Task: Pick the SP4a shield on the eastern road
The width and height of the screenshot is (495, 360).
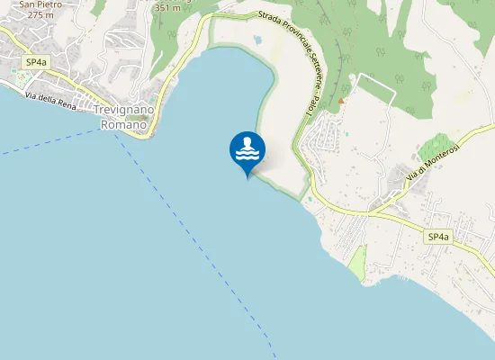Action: click(437, 236)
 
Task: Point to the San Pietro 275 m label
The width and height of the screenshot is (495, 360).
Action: click(34, 10)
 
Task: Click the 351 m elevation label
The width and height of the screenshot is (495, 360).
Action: click(169, 7)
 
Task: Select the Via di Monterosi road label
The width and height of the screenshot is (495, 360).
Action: click(433, 161)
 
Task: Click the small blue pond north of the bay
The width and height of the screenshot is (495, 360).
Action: click(258, 40)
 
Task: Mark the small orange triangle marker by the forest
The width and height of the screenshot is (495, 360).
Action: click(341, 100)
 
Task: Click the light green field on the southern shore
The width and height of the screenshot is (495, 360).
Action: click(357, 262)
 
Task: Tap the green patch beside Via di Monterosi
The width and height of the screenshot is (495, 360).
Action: click(437, 144)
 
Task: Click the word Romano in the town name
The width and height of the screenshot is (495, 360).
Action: click(122, 124)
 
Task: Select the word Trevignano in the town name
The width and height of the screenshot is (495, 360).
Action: click(124, 111)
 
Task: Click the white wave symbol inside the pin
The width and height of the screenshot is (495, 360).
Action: click(247, 154)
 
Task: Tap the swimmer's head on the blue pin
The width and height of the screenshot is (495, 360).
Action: click(247, 141)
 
